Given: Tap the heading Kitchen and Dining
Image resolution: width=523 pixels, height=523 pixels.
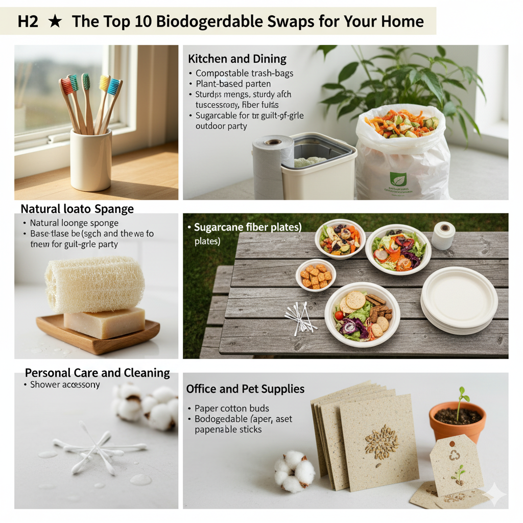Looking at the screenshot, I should point(237,58).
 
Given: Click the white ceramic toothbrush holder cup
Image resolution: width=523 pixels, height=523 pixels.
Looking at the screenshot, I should point(90,159).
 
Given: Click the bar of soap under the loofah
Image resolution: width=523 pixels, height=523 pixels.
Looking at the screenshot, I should point(104,323).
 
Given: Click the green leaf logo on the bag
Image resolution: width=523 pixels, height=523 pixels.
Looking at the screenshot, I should point(397,179).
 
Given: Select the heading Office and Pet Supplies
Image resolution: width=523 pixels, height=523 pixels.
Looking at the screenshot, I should point(245,389).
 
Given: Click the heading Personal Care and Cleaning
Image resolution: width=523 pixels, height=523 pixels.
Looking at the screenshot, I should point(97,373).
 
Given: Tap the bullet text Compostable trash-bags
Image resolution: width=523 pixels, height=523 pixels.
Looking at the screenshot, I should point(244,73).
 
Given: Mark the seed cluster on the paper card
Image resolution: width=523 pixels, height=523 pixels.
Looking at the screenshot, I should point(382,442).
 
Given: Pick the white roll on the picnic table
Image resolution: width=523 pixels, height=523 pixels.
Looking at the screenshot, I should point(443,235).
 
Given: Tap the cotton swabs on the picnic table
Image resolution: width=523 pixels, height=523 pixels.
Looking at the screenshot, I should point(300,318).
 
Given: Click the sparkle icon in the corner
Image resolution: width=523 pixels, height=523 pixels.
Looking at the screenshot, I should point(494,494).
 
